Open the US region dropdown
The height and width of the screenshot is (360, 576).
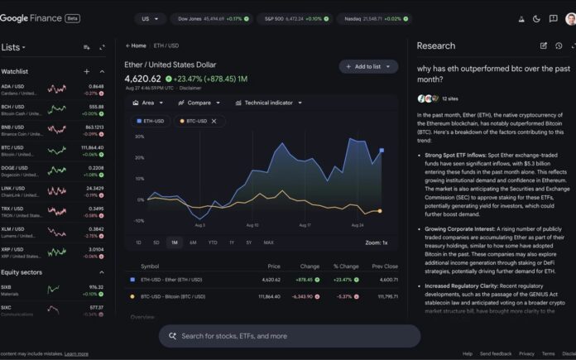(149, 18)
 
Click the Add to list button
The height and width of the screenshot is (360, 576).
(368, 66)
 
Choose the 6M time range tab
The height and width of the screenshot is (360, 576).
(193, 242)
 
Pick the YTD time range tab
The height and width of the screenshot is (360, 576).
(213, 242)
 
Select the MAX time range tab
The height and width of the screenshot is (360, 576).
(268, 242)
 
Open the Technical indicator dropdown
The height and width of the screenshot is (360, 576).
(267, 103)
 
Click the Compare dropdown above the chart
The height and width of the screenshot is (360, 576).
(199, 103)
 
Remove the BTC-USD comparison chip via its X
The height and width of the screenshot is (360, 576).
(214, 121)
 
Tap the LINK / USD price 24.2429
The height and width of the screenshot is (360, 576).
(94, 187)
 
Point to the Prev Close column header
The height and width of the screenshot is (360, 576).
(385, 266)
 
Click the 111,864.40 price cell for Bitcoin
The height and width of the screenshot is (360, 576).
(269, 295)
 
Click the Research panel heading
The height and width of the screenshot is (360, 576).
(435, 46)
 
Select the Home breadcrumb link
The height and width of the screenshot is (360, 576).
(137, 46)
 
